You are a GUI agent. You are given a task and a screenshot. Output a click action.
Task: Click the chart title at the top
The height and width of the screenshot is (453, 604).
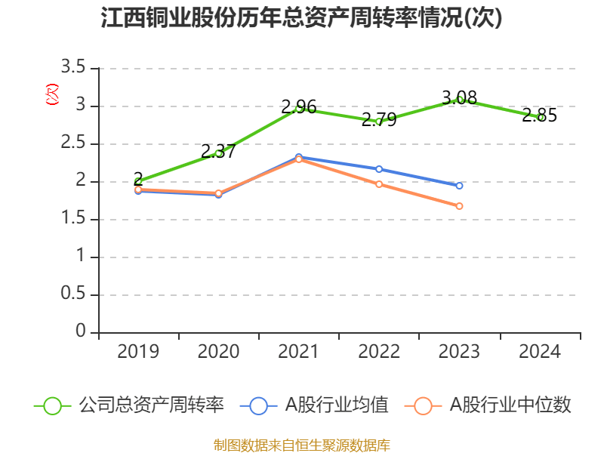[301, 19]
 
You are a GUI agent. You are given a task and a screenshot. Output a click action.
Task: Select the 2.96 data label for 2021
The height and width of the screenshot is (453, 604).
[298, 106]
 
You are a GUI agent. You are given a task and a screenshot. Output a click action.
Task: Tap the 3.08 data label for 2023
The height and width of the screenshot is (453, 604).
[459, 97]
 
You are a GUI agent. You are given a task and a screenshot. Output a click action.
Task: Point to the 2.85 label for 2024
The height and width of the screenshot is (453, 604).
[540, 116]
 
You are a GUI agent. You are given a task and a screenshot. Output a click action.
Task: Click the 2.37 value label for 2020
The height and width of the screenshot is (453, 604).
[218, 151]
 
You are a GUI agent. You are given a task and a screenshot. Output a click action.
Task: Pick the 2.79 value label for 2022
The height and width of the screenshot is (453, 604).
[379, 119]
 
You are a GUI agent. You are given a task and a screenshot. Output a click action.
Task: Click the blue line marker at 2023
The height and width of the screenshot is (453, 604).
[459, 185]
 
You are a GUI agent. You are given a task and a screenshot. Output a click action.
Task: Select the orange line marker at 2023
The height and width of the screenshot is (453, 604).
[459, 206]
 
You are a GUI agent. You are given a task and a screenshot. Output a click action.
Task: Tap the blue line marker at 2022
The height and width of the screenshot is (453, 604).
[379, 169]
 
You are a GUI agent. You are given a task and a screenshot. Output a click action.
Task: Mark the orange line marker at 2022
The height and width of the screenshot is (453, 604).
[379, 184]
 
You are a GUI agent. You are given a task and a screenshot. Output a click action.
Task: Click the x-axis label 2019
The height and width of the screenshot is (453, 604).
[138, 351]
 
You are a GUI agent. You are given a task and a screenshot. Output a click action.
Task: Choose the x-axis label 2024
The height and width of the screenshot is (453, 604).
[540, 351]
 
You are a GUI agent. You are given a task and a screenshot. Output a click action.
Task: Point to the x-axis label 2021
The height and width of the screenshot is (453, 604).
[298, 351]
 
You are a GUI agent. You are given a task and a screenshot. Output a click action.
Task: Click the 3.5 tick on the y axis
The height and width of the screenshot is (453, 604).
[73, 68]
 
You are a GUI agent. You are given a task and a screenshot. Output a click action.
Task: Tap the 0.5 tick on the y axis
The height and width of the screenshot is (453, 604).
[73, 294]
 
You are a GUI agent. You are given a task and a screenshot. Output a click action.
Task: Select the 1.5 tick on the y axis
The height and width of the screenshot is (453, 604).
[73, 219]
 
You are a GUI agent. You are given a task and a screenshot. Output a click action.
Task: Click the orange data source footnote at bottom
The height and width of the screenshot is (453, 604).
[301, 445]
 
